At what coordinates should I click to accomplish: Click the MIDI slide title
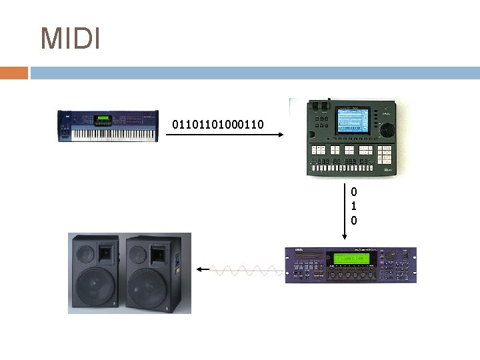point(70,39)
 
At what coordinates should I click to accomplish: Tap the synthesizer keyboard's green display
point(103,119)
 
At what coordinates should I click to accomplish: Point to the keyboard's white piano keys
point(113,134)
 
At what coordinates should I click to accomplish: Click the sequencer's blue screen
point(353,124)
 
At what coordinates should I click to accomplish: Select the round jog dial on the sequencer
point(387,129)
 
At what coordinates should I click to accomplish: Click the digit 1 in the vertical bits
point(353,206)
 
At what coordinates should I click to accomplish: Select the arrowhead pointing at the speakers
point(199,270)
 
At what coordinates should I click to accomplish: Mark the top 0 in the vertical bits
point(353,192)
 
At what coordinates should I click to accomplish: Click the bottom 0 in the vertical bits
point(353,220)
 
